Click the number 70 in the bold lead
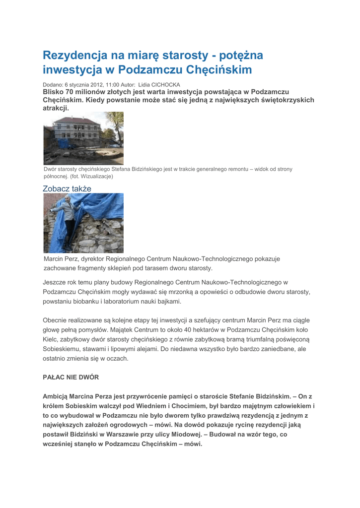[70, 92]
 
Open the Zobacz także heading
[67, 189]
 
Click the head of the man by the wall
[68, 199]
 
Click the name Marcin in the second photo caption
[54, 259]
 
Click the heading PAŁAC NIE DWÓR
[71, 378]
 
